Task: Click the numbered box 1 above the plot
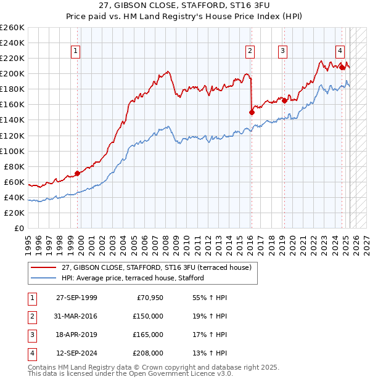click(x=75, y=51)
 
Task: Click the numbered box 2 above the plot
click(x=250, y=51)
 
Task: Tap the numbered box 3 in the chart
click(x=282, y=51)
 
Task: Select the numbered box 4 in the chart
click(x=340, y=51)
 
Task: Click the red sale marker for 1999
click(x=78, y=173)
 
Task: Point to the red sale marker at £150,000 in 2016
click(x=252, y=112)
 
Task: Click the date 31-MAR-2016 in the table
click(x=76, y=317)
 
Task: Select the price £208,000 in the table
click(x=148, y=354)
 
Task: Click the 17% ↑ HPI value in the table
click(x=210, y=335)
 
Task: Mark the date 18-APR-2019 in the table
click(x=76, y=335)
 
